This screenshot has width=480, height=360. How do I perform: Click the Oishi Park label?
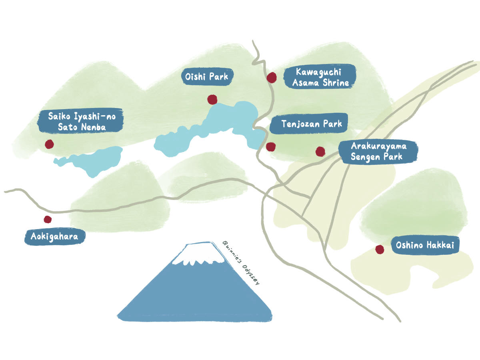click(207, 76)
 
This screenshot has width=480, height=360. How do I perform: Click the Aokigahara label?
click(54, 237)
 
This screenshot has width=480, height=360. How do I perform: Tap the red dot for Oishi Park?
click(212, 99)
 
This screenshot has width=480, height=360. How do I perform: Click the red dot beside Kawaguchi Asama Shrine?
click(272, 77)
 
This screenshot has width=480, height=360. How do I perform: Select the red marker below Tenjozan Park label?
click(271, 147)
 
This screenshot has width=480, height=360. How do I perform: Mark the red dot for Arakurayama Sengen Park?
click(320, 151)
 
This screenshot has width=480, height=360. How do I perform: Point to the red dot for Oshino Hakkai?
click(379, 250)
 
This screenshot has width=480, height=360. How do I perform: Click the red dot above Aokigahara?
click(48, 219)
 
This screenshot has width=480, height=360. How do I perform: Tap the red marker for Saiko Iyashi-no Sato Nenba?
click(49, 144)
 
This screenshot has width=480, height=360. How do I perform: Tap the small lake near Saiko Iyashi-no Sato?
click(96, 160)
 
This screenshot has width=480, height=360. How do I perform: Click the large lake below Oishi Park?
click(208, 128)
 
